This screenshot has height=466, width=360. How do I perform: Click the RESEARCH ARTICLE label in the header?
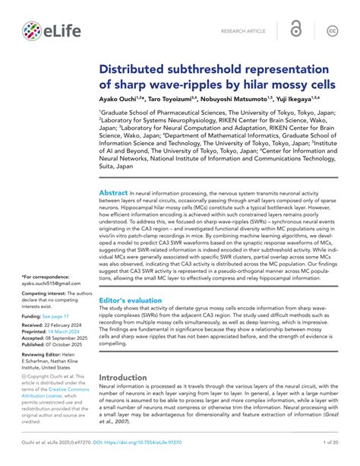click(x=243, y=32)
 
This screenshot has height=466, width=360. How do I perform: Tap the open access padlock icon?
click(x=296, y=30)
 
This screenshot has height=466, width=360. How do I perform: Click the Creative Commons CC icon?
click(x=332, y=31)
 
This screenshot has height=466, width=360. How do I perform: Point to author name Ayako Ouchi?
click(x=124, y=100)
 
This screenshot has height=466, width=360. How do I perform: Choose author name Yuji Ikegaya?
click(x=312, y=100)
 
